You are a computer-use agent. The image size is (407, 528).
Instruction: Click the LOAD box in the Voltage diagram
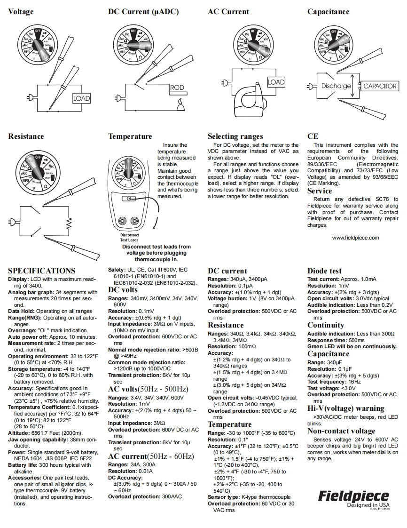click(81, 98)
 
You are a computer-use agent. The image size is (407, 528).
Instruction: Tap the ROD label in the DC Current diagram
click(177, 88)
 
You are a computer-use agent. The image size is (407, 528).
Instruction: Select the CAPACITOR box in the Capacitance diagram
click(380, 86)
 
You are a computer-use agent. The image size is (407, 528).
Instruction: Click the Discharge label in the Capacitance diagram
click(336, 86)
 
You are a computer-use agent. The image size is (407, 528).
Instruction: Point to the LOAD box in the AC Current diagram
click(276, 82)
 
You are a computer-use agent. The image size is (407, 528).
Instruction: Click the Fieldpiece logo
click(354, 496)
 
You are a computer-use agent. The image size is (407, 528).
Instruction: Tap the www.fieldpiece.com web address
click(355, 238)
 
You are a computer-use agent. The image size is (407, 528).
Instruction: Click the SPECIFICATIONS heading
click(42, 271)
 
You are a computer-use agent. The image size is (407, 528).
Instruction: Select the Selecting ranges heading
click(235, 136)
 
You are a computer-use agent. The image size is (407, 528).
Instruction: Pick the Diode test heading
click(324, 271)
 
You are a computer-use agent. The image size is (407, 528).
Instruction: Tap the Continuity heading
click(326, 325)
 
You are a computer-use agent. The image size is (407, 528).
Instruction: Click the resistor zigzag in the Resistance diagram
click(69, 222)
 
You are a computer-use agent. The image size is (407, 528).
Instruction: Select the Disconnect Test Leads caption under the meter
click(129, 237)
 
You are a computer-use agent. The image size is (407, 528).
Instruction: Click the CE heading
click(313, 136)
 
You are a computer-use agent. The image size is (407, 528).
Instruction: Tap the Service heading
click(320, 191)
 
